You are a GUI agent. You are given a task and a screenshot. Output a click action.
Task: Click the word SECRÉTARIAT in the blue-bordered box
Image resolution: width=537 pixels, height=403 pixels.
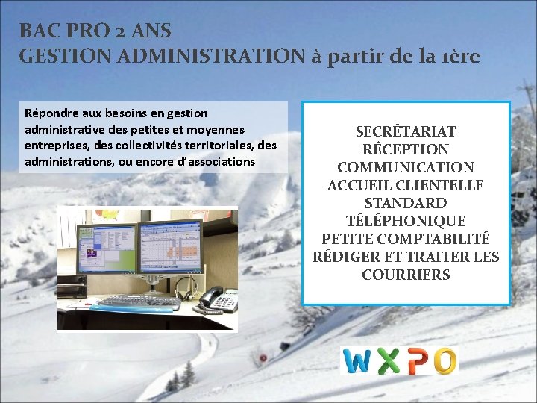(x=406, y=132)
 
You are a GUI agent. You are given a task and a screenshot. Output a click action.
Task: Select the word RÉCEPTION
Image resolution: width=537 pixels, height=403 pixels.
(x=406, y=150)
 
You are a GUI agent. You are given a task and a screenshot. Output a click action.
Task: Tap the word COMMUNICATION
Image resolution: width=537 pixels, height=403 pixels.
(x=406, y=168)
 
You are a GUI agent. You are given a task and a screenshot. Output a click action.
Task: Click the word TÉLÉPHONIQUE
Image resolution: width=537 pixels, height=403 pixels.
(x=406, y=221)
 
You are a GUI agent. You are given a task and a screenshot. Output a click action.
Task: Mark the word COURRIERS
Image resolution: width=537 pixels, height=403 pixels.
(x=406, y=275)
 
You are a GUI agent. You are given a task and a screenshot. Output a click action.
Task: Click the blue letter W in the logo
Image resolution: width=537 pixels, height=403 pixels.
(x=357, y=361)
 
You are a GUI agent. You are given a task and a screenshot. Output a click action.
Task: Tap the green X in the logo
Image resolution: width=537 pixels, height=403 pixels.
(x=387, y=361)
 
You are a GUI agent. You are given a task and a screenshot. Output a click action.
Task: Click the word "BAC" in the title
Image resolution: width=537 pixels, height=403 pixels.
(x=37, y=31)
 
